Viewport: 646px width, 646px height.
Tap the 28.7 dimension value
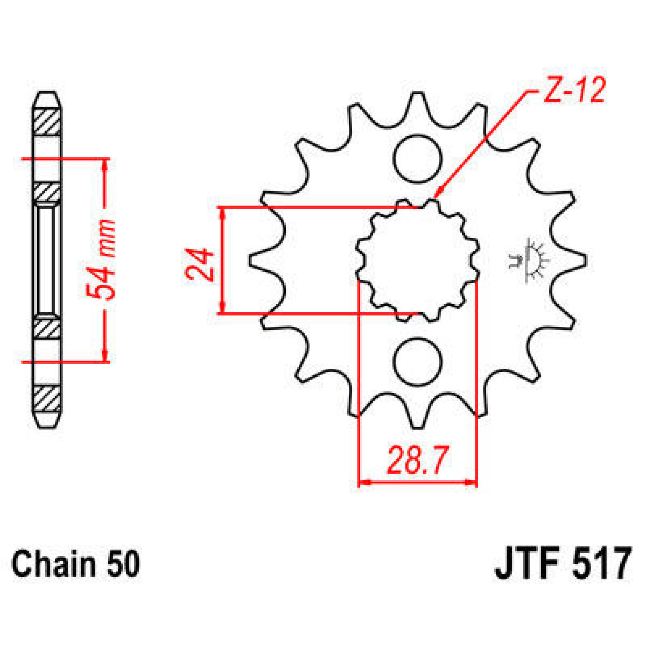[x=417, y=461]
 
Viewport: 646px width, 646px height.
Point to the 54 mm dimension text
[x=102, y=259]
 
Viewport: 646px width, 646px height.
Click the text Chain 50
[x=76, y=564]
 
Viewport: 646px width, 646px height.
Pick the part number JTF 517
[x=562, y=563]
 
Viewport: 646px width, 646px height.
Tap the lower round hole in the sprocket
[x=417, y=362]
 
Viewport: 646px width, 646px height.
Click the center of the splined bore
[x=418, y=261]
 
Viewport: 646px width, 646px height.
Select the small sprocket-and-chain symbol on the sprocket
[x=528, y=260]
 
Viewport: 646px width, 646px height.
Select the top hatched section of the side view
[x=46, y=123]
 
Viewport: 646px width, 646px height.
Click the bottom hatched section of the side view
[x=46, y=398]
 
